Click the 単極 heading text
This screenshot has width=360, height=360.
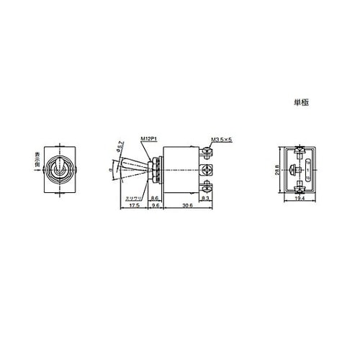pos(302,103)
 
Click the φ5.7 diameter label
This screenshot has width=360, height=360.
pos(122,145)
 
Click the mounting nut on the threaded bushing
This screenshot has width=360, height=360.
pos(154,170)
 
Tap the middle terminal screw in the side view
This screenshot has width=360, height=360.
pos(207,170)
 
